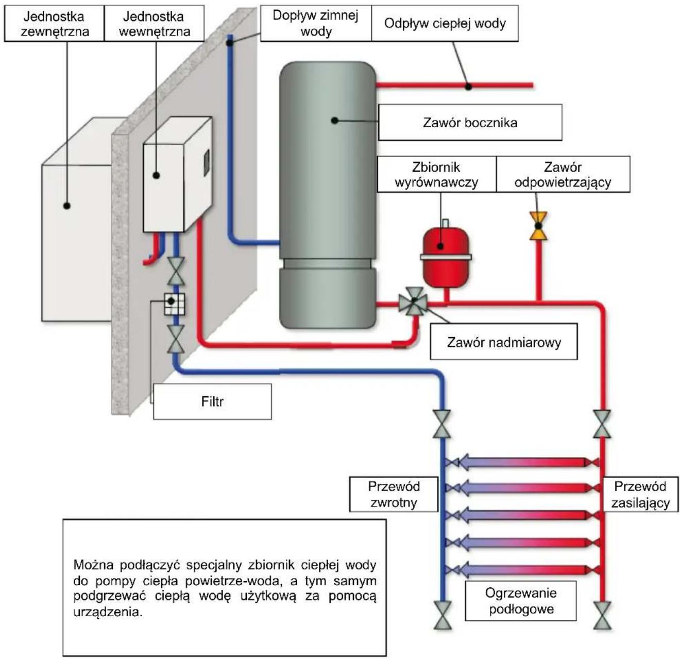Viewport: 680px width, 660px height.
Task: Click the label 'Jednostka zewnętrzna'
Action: (54, 23)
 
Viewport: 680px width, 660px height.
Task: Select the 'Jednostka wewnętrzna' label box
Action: (154, 23)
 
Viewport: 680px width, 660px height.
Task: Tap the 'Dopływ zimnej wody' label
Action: (316, 23)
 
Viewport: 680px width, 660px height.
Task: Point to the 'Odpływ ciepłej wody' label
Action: (445, 23)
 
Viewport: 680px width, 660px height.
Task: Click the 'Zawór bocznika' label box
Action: (470, 122)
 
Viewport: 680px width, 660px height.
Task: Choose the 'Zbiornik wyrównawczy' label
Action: (436, 174)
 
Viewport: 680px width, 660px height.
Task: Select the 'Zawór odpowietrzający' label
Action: (563, 174)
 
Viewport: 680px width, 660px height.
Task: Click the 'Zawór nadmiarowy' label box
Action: (503, 342)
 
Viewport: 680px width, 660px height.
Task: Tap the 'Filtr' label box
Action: (212, 401)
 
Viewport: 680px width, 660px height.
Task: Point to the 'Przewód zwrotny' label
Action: (394, 494)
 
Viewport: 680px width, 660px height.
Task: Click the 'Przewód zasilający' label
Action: (640, 494)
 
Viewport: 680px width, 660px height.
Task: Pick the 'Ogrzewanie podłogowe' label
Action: (521, 601)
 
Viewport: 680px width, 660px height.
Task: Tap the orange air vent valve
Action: (538, 226)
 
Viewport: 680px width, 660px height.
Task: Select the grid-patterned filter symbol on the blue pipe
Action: (174, 304)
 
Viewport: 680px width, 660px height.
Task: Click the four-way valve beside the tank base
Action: (414, 301)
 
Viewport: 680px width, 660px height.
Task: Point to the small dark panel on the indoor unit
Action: (207, 163)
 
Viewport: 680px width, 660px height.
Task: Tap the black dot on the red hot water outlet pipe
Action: (468, 87)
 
